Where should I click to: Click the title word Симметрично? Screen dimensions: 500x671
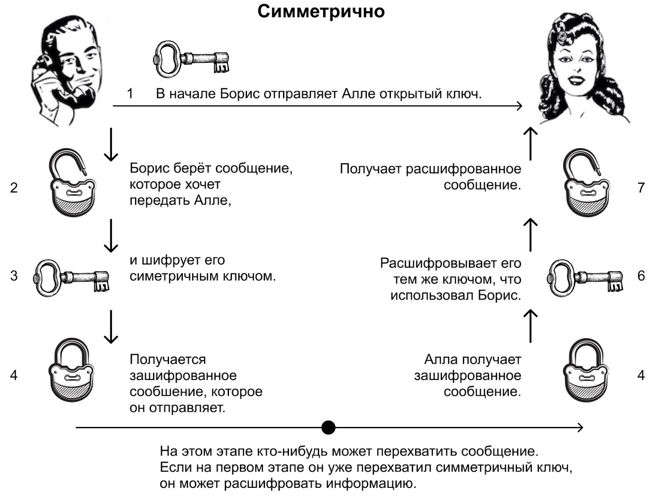(321, 12)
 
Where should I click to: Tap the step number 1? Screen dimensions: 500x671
(130, 93)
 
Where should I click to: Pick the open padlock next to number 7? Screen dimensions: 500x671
(586, 185)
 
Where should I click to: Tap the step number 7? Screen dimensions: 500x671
(641, 188)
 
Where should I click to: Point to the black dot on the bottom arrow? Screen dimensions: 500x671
(328, 427)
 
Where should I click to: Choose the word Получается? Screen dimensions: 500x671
(168, 359)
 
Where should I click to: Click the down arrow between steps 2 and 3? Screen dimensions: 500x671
(111, 235)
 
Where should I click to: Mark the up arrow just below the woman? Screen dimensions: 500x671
(531, 144)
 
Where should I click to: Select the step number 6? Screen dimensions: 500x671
(641, 276)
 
